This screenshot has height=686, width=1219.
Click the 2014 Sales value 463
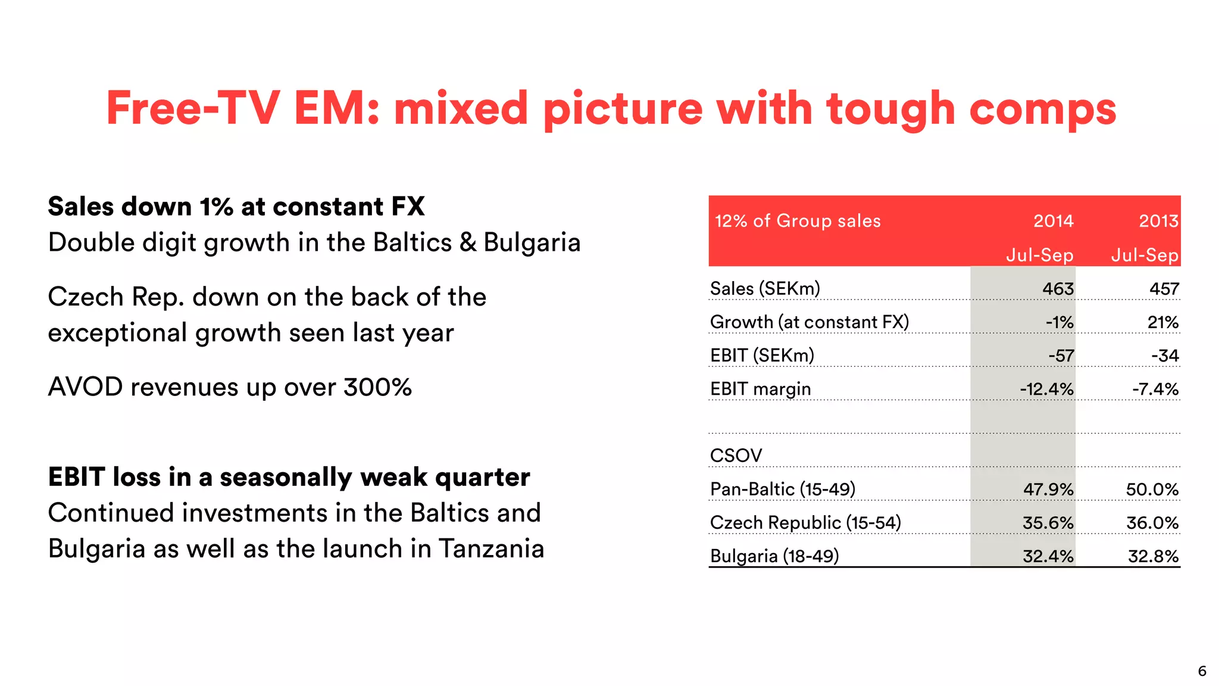(x=1058, y=289)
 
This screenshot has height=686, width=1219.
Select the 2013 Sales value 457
(x=1164, y=289)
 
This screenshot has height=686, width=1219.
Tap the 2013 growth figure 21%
(x=1162, y=322)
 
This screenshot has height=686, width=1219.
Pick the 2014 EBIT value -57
(x=1061, y=356)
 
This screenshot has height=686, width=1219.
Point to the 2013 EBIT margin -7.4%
(x=1155, y=389)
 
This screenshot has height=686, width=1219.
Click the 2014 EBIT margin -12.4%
(x=1046, y=389)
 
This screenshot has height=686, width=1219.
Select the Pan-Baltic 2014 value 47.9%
(x=1048, y=489)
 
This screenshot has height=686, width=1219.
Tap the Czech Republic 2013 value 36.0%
(x=1152, y=523)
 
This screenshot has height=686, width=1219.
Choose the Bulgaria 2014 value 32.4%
(x=1048, y=556)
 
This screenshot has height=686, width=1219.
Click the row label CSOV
(x=736, y=456)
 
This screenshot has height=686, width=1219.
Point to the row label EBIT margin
(x=760, y=389)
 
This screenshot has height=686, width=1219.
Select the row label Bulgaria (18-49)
(x=774, y=556)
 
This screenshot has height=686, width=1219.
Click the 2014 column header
(x=1053, y=221)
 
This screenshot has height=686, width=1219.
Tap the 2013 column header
(x=1158, y=221)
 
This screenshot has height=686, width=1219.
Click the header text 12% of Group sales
(x=798, y=221)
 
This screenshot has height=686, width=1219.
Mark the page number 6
(x=1202, y=671)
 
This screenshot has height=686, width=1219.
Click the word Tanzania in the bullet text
(x=491, y=548)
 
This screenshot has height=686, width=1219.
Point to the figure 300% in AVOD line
(x=377, y=387)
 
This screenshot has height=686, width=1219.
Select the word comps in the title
(x=1042, y=109)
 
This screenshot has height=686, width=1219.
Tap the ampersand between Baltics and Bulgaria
(x=468, y=242)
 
